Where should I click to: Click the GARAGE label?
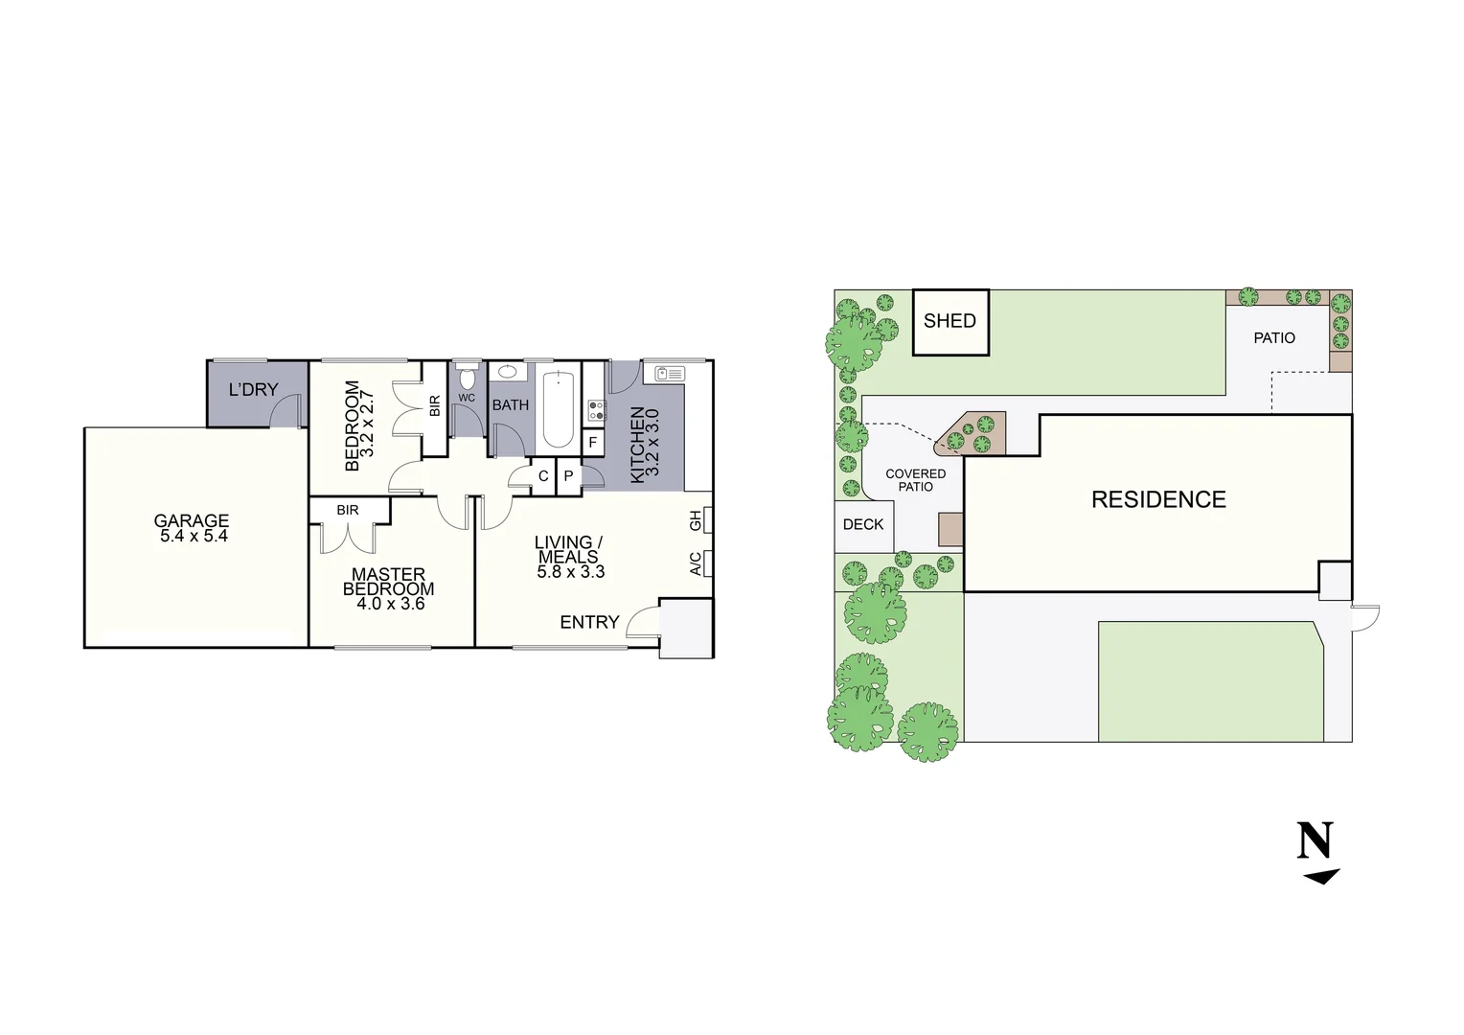[192, 521]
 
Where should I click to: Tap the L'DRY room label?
[253, 390]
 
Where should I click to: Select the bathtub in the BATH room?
[559, 409]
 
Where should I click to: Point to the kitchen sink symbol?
[669, 373]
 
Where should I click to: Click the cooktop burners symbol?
[597, 411]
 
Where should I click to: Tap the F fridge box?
[593, 443]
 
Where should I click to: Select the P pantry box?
[568, 475]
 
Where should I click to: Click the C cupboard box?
[543, 475]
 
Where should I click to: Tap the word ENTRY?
[589, 622]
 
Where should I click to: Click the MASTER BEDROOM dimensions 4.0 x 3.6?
[391, 604]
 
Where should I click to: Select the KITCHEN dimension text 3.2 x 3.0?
[653, 444]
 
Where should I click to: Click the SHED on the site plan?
[949, 322]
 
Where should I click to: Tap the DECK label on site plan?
[863, 524]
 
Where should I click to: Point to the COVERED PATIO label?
[915, 480]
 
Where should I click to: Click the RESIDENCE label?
[1158, 499]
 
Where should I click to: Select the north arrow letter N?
[1315, 840]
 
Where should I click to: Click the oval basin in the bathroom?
[508, 373]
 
